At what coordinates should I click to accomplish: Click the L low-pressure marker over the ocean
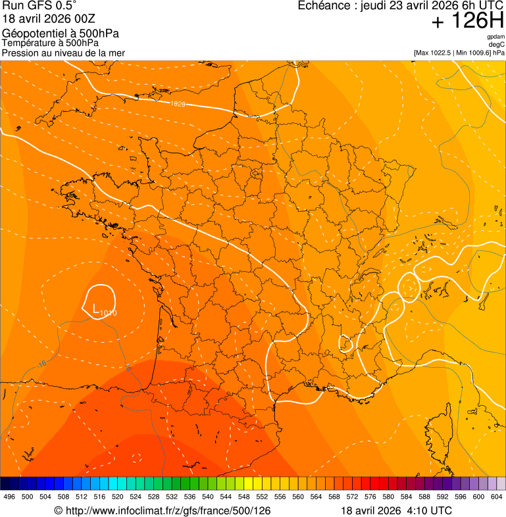96,308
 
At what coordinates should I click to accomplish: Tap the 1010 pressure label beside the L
109,313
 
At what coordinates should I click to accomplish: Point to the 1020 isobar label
177,104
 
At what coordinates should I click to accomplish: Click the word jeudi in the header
373,6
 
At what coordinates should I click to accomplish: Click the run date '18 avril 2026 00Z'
49,18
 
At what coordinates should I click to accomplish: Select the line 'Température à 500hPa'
50,43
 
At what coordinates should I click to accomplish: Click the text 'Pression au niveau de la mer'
63,53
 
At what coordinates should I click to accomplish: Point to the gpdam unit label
495,37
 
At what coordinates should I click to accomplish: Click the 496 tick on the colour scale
9,497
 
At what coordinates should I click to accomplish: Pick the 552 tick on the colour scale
261,497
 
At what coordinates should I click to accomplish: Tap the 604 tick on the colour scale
496,497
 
